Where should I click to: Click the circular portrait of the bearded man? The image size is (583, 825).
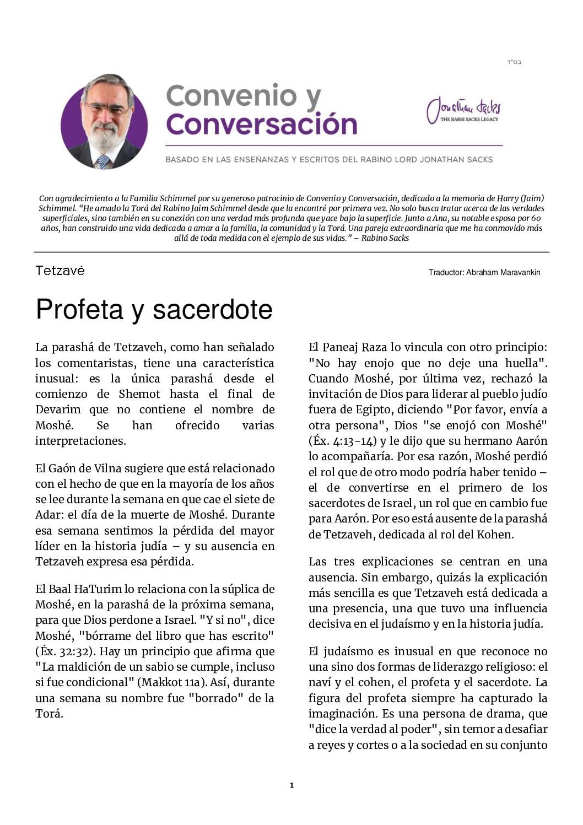point(104,121)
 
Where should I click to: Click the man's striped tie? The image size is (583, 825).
point(103,161)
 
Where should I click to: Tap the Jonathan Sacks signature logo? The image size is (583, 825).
point(463,110)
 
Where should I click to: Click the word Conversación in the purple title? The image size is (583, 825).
point(262,124)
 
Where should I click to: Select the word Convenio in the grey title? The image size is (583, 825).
point(231,96)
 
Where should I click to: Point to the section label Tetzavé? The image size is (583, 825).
point(60,271)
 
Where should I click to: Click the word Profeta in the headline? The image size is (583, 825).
point(79,309)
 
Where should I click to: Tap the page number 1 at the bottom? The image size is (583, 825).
point(291,785)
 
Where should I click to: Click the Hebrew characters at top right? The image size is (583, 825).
point(514,62)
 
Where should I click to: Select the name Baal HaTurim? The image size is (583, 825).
point(87,589)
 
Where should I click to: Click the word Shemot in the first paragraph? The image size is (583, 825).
point(139,394)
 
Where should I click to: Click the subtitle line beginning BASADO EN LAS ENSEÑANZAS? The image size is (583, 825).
point(329,160)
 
